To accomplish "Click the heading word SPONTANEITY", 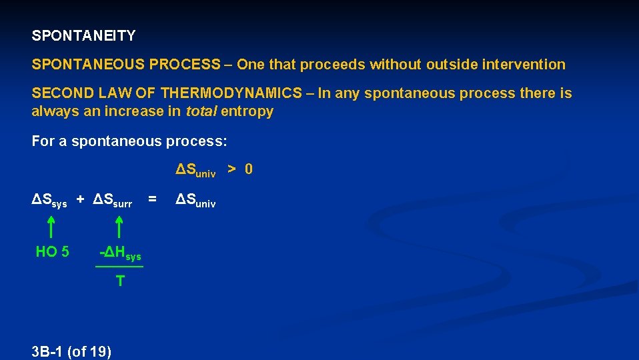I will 83,35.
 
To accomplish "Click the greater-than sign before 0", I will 231,169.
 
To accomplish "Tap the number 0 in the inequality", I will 248,169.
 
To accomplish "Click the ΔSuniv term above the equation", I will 195,171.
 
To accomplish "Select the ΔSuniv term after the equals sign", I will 195,200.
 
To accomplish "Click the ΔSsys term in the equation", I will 50,200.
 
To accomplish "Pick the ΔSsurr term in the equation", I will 113,200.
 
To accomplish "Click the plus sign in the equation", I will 80,199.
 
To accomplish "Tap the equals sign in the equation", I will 153,199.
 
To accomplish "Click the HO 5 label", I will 52,252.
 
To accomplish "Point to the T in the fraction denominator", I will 119,281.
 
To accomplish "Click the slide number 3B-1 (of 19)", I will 71,351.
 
